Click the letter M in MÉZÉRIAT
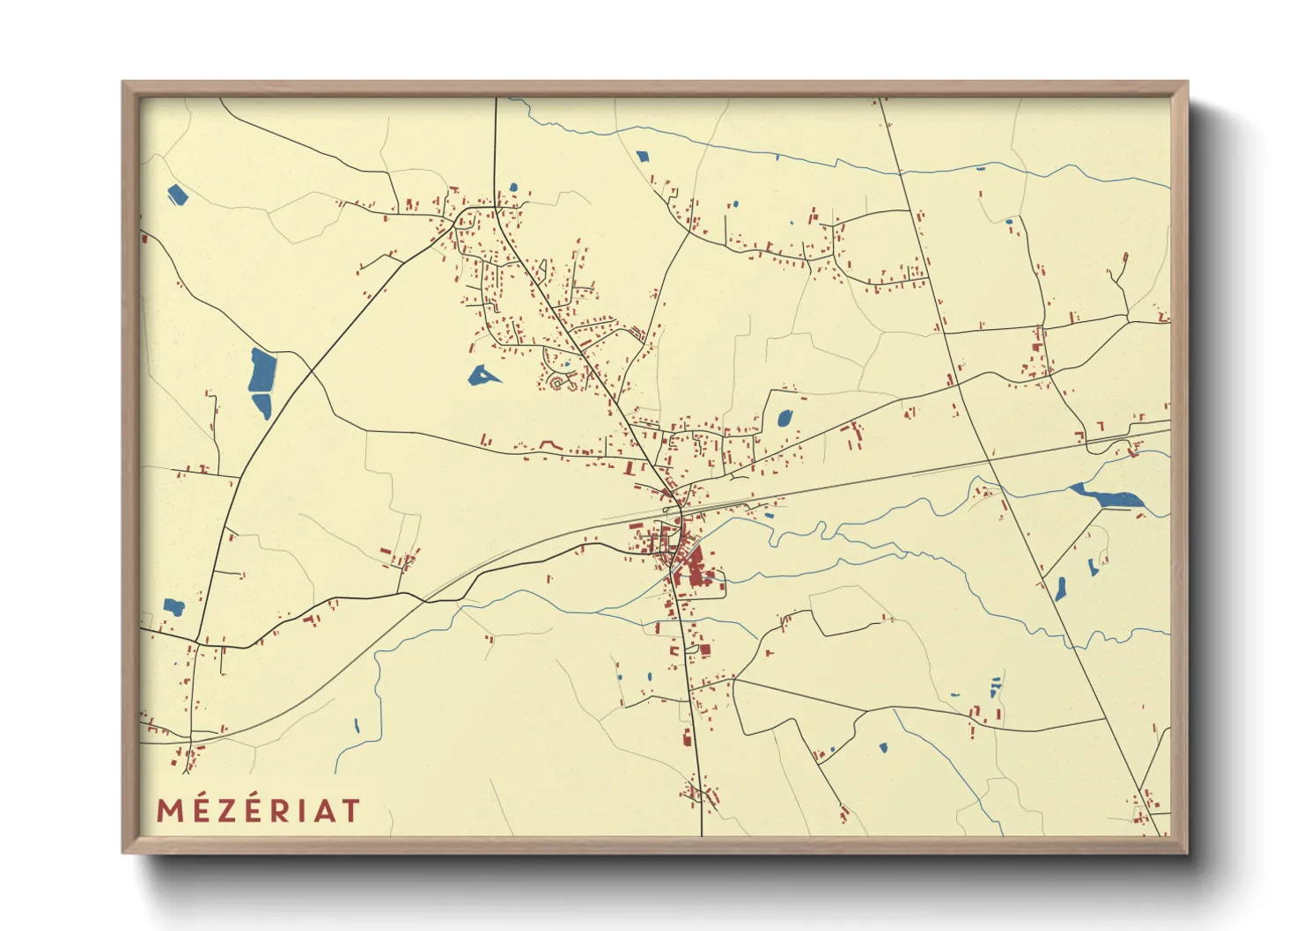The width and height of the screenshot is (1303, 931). point(170,810)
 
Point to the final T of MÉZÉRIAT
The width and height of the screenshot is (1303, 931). point(350,810)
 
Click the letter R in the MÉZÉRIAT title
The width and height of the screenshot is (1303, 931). point(279,810)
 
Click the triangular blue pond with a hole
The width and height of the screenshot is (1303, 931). point(482,377)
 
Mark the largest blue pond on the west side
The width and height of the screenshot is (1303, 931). point(262,371)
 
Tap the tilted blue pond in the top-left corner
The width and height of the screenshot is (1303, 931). point(178,194)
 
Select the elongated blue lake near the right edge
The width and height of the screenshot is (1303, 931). point(1108,496)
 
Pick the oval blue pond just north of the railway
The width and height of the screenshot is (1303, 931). point(784,418)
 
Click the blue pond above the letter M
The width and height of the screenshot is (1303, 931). point(173,606)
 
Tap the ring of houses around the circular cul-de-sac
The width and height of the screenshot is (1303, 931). point(557,382)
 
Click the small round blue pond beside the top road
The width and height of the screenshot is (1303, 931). point(735,205)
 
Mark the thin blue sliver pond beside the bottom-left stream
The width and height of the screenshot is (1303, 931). point(357,726)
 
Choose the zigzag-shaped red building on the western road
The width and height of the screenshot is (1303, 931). point(549,445)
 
